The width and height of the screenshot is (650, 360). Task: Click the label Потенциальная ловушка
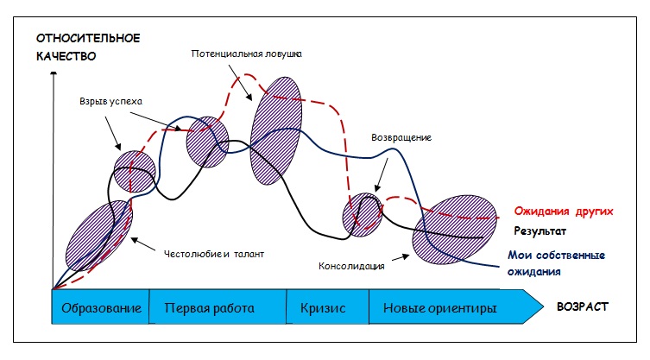246,54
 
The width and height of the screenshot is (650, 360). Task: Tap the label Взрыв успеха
110,102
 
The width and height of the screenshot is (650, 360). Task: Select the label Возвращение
401,137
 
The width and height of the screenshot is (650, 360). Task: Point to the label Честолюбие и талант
213,254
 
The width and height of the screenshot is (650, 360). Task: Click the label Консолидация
351,266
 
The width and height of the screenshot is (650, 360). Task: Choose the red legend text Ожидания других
564,212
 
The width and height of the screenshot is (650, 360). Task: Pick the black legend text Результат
540,231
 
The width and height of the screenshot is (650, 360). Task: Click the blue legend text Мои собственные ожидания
556,263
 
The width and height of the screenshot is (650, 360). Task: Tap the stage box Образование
100,307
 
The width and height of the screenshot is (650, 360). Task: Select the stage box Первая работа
218,307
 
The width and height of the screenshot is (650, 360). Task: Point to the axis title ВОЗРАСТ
582,307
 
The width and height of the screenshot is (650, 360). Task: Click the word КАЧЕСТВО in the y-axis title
66,56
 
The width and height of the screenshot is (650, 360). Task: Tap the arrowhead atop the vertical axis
54,74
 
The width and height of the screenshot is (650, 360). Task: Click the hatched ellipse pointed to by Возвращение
363,215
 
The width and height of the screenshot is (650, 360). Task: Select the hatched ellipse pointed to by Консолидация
454,230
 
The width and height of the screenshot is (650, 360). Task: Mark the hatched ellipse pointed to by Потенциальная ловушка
275,130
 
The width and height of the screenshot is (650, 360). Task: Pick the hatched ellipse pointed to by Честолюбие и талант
99,236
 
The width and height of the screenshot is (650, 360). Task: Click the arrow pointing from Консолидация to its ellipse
401,257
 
